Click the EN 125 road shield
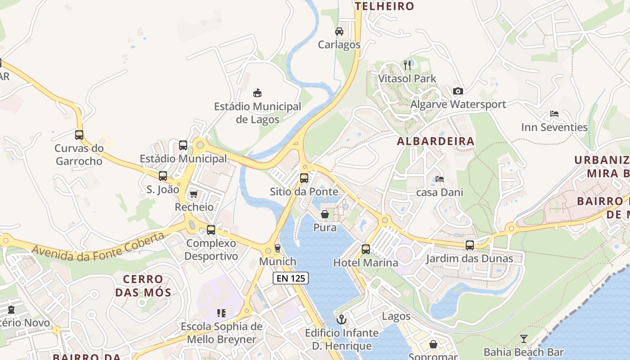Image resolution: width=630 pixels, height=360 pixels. click(291, 278)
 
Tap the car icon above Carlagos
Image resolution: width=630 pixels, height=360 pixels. click(339, 31)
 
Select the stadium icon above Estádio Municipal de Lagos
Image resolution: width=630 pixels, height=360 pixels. click(257, 93)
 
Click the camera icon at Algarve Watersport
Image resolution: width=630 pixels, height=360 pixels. click(458, 91)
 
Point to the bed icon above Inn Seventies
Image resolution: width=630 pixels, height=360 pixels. click(554, 114)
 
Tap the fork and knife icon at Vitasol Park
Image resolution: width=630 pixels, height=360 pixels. click(407, 65)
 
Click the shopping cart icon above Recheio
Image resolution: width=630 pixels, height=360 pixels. click(194, 194)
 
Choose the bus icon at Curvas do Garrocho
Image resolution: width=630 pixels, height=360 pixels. click(79, 135)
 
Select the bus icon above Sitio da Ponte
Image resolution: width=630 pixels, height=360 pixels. click(304, 178)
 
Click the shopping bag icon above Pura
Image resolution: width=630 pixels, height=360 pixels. click(325, 214)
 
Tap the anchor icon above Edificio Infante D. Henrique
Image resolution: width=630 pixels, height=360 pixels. click(342, 320)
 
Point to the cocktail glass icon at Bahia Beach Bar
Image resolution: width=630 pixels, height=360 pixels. click(524, 338)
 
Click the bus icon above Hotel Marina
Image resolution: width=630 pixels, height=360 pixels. click(366, 249)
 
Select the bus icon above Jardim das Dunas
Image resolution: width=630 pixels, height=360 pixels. click(470, 245)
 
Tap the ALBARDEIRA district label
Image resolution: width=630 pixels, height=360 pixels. click(436, 141)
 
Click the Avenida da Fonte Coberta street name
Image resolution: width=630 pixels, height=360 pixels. click(98, 249)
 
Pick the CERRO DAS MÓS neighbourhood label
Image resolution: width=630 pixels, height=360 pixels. click(143, 286)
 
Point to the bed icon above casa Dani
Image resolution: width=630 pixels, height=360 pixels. click(440, 179)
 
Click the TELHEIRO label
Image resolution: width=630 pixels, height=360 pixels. click(384, 6)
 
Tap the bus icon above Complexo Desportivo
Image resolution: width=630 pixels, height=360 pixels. click(211, 230)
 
